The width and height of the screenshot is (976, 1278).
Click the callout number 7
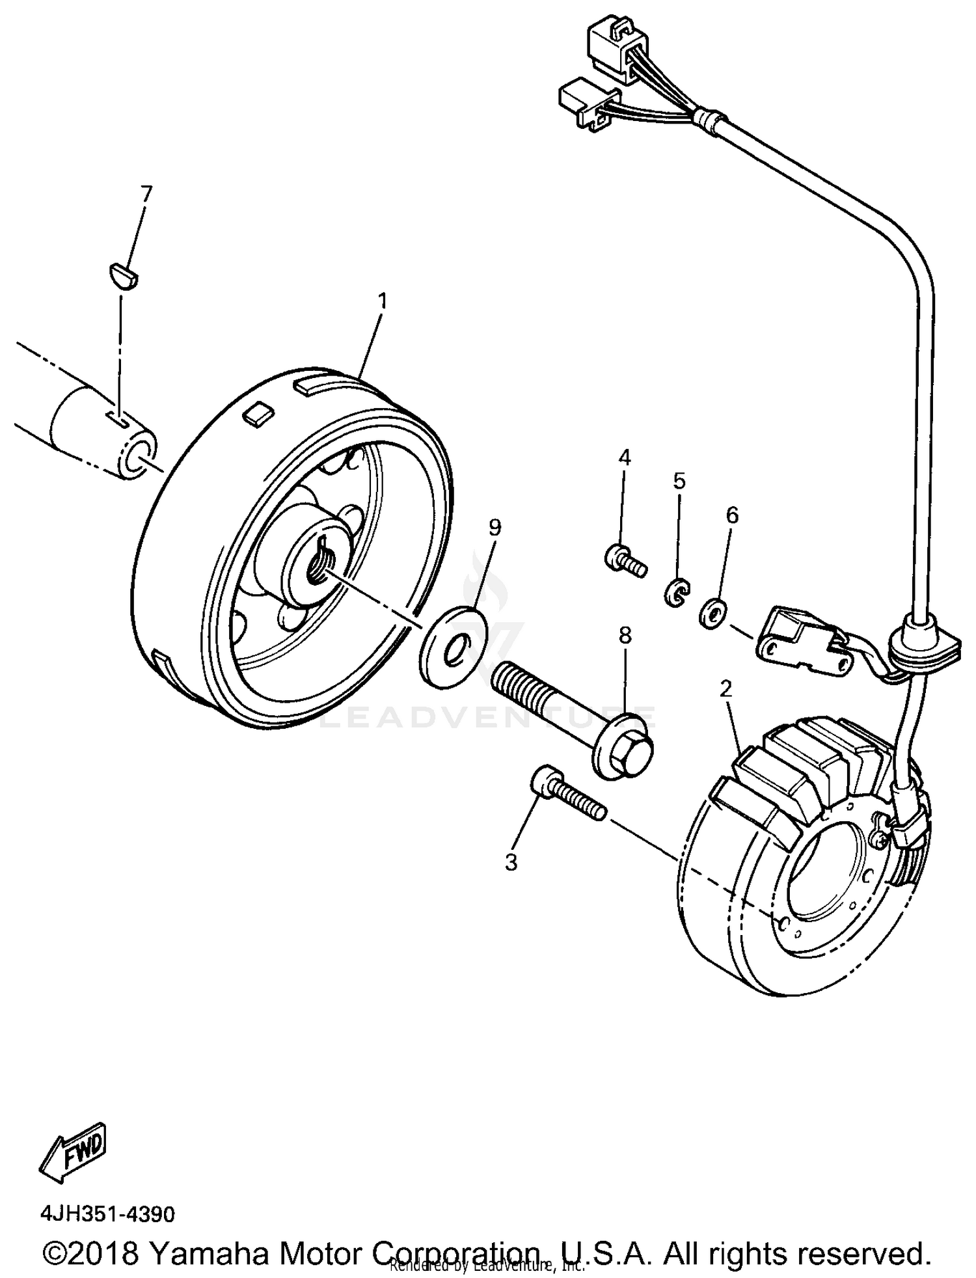click(x=146, y=193)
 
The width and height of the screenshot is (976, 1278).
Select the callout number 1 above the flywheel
click(x=383, y=301)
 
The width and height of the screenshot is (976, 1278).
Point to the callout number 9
click(x=495, y=528)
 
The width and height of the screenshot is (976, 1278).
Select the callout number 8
click(x=625, y=635)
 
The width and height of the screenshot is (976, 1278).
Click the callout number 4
click(x=624, y=457)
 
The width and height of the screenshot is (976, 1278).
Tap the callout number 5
click(x=679, y=482)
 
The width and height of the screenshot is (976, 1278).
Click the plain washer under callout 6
click(x=713, y=612)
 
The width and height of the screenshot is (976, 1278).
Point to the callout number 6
click(x=732, y=515)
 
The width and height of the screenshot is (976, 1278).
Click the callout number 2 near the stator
click(x=727, y=688)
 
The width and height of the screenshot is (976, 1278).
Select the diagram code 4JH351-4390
click(x=107, y=1214)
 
